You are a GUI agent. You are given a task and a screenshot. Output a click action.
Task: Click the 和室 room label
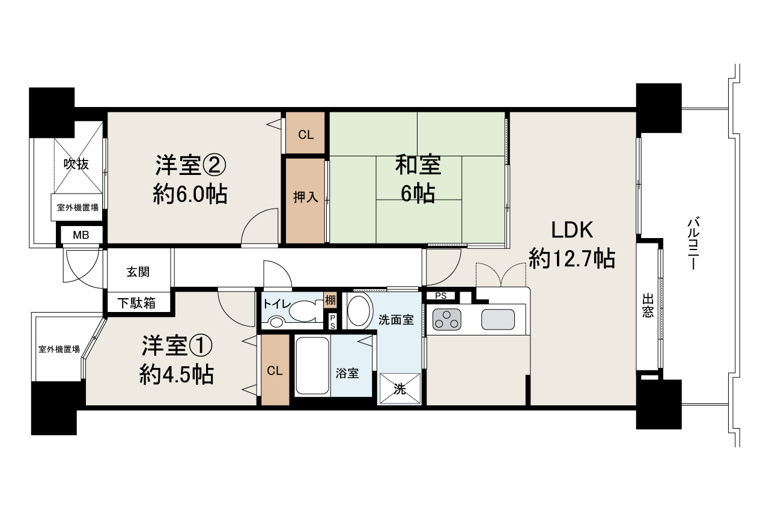418,165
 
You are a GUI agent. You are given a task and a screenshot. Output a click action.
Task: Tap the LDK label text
572,230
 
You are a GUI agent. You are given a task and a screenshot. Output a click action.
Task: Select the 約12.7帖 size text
572,259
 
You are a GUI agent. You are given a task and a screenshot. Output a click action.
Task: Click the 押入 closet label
306,197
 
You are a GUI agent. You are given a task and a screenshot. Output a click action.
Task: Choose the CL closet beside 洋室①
275,370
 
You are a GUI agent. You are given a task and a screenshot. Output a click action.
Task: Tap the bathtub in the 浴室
312,366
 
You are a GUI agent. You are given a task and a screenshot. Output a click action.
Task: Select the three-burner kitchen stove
446,320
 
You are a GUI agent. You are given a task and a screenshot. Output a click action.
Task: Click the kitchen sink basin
498,320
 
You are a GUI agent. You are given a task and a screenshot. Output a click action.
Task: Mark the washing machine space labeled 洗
400,388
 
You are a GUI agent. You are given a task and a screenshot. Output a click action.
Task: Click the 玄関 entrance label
138,272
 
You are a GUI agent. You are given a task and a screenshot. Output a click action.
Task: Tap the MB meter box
81,235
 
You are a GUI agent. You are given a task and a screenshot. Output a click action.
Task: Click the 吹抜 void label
76,164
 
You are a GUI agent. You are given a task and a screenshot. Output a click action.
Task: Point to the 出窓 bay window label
648,305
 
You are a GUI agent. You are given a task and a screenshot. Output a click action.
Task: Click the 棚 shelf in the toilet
330,301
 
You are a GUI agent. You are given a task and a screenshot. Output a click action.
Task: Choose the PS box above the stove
441,296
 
